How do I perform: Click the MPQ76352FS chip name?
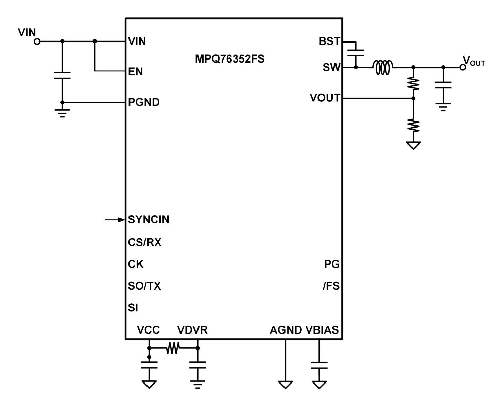point(230,59)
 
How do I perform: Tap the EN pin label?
point(135,72)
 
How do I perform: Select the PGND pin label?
point(144,102)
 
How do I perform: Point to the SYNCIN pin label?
point(149,220)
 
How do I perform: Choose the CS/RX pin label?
point(145,242)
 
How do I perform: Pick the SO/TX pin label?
point(144,286)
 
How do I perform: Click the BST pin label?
point(329,41)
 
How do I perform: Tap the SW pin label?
point(331,67)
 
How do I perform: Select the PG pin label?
point(332,264)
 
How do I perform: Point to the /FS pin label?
point(331,286)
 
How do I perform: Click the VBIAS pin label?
point(322,330)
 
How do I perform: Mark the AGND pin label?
point(286,330)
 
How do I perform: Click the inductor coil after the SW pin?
point(383,67)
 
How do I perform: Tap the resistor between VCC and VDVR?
point(173,348)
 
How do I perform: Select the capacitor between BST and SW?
point(356,53)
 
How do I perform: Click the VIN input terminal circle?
point(37,41)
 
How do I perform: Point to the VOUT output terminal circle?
point(462,67)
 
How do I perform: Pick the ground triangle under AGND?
point(285,385)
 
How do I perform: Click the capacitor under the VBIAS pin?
point(319,365)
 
